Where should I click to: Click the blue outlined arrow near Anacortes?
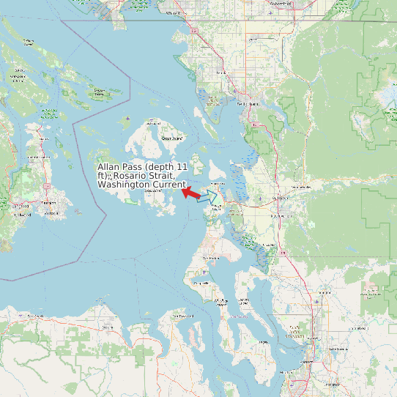(208, 196)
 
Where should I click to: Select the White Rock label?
(173, 13)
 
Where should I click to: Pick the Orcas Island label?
(171, 137)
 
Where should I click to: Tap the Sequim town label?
(108, 327)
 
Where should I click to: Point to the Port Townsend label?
(180, 316)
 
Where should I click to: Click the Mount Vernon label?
(278, 217)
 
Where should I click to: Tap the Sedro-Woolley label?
(301, 188)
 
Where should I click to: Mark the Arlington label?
(322, 298)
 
